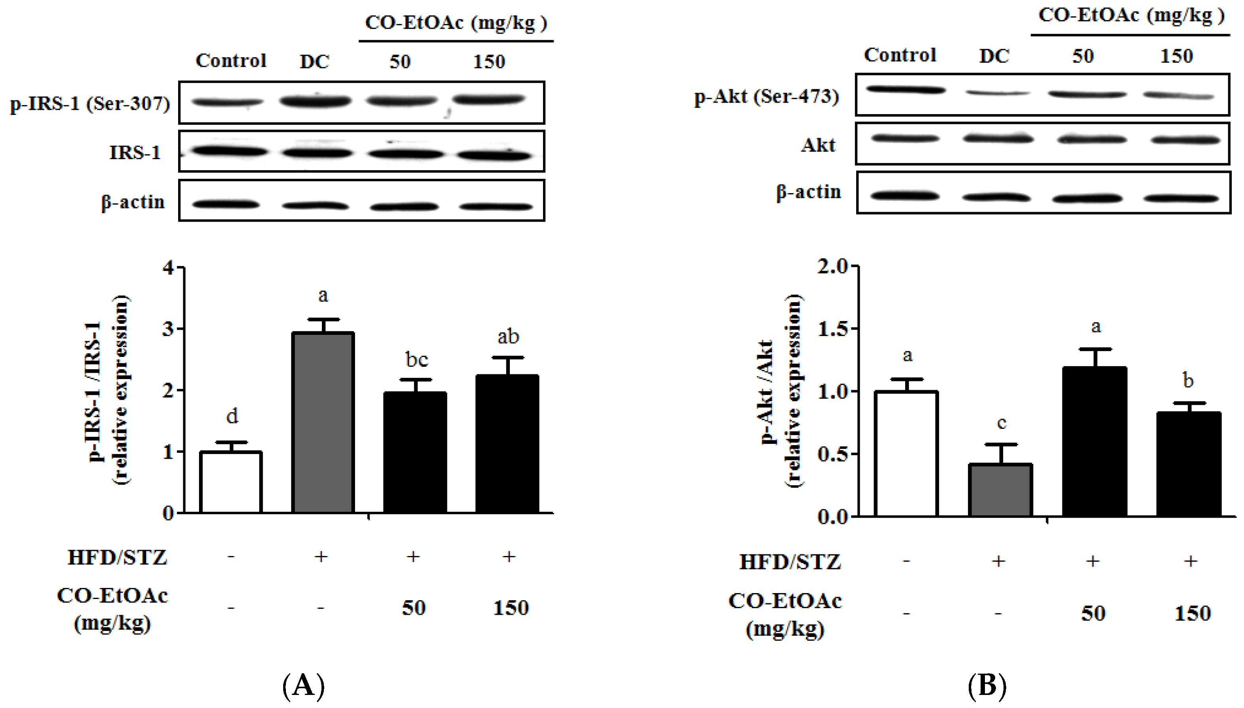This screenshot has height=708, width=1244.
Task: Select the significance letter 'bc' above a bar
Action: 417,360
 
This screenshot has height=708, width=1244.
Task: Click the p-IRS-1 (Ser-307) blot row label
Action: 90,103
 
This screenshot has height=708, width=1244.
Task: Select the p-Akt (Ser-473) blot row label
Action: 767,96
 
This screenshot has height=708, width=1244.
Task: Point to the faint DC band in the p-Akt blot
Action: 997,93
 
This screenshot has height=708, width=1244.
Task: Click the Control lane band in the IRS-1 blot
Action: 229,151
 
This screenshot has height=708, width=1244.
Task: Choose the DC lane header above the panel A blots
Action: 314,62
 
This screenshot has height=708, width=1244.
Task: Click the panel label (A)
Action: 303,685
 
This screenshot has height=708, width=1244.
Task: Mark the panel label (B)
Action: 987,685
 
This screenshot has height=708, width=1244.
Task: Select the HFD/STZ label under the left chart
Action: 117,558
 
